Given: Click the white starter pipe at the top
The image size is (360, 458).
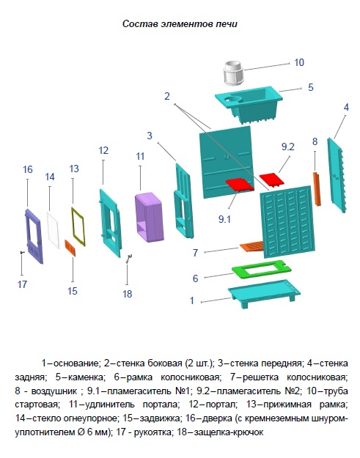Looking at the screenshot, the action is pyautogui.click(x=233, y=73).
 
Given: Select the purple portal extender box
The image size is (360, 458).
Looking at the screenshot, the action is pyautogui.click(x=148, y=217).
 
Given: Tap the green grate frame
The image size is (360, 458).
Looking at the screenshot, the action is pyautogui.click(x=262, y=270).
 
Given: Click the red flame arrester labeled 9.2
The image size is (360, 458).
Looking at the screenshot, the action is pyautogui.click(x=272, y=180).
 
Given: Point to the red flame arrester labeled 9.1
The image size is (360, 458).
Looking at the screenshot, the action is pyautogui.click(x=239, y=185).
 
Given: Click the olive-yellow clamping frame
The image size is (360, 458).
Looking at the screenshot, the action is pyautogui.click(x=78, y=226).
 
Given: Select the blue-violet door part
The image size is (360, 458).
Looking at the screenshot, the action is pyautogui.click(x=34, y=237).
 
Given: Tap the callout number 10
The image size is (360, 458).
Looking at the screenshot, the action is pyautogui.click(x=299, y=62).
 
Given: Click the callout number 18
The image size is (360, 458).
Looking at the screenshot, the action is pyautogui.click(x=127, y=294).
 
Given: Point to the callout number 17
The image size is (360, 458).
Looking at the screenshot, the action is pyautogui.click(x=22, y=284).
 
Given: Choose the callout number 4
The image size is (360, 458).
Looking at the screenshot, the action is pyautogui.click(x=346, y=107).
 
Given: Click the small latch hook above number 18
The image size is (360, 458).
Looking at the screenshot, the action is pyautogui.click(x=129, y=259).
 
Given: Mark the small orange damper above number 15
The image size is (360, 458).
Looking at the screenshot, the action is pyautogui.click(x=70, y=248).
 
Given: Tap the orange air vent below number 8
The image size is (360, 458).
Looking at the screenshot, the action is pyautogui.click(x=317, y=189).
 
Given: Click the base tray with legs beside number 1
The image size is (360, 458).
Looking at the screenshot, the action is pyautogui.click(x=264, y=293).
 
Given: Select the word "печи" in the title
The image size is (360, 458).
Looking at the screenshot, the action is pyautogui.click(x=227, y=23).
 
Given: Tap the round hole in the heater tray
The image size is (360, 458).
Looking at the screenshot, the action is pyautogui.click(x=233, y=99).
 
